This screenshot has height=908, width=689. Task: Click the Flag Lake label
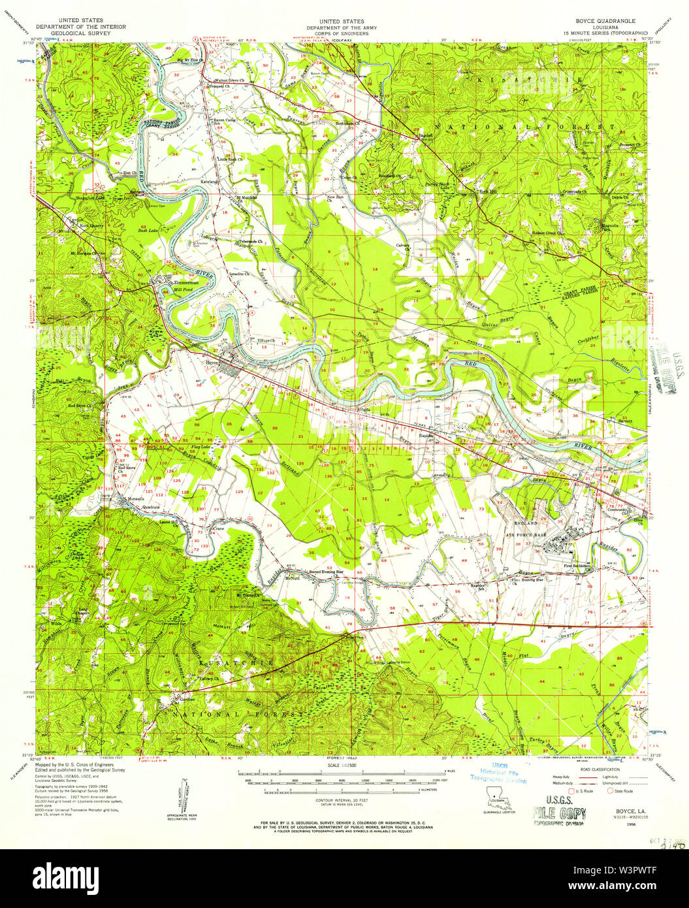point(200,446)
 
